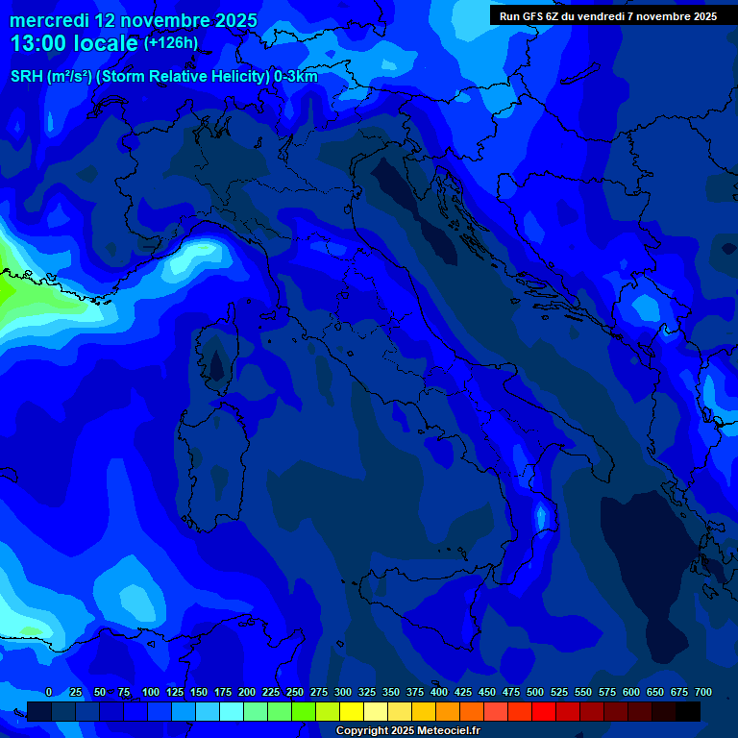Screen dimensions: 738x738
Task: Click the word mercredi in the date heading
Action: pyautogui.click(x=49, y=20)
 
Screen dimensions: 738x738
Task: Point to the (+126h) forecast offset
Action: pyautogui.click(x=170, y=43)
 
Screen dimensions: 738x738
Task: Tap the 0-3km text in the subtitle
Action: pyautogui.click(x=295, y=77)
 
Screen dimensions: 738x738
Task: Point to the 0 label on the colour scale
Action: pyautogui.click(x=49, y=692)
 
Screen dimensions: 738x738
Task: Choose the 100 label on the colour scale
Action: pyautogui.click(x=151, y=692)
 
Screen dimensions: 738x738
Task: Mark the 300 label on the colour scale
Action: pyautogui.click(x=343, y=692)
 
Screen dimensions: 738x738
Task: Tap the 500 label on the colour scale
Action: pyautogui.click(x=535, y=692)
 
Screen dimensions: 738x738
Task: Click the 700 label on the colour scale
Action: pyautogui.click(x=703, y=692)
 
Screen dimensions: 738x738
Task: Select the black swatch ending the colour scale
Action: pyautogui.click(x=688, y=711)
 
